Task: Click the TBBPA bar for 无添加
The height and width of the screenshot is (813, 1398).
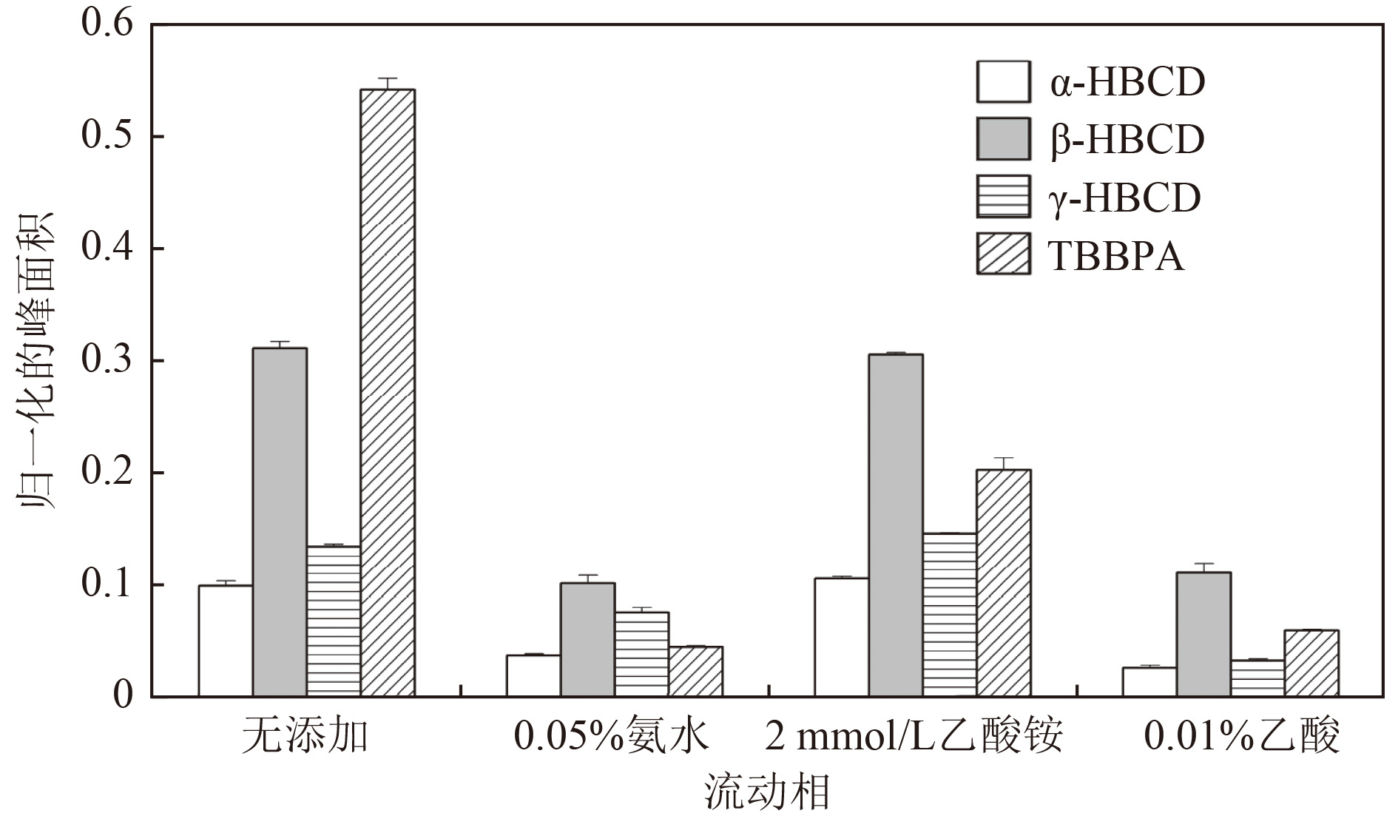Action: coord(388,393)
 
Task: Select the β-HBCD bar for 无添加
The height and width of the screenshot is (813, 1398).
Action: coord(280,522)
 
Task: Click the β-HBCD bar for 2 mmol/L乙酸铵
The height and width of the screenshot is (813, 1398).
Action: coord(896,525)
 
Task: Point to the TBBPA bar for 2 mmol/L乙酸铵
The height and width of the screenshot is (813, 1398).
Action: coord(1004,583)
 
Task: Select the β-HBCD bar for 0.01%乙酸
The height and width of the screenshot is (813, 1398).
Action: coord(1203,634)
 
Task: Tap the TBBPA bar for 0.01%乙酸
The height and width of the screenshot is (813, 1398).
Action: coord(1311,664)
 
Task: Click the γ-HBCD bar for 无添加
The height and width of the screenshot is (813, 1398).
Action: coord(334,621)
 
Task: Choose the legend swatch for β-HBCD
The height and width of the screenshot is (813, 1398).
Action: coord(1003,139)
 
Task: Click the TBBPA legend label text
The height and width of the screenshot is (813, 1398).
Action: coord(1116,256)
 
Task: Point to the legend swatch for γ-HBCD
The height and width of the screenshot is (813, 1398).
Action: coord(1003,197)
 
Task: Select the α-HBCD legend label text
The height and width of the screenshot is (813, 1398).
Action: coord(1127,82)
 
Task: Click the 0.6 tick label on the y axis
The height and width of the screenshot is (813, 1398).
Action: coord(107,24)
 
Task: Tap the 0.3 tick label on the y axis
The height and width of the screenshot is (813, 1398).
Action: coord(107,360)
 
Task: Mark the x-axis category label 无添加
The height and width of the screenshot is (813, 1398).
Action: coord(305,737)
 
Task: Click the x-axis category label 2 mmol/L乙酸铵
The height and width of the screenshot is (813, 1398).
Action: coord(914,737)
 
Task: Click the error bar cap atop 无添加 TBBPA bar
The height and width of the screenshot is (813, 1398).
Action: coord(388,78)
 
